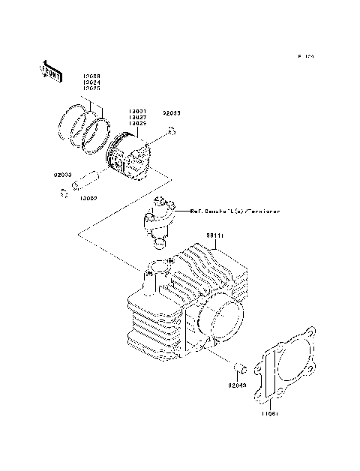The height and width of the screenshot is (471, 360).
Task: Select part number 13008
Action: (91, 76)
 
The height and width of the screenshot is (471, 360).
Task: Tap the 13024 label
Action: (91, 82)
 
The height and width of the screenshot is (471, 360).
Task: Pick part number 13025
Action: (91, 88)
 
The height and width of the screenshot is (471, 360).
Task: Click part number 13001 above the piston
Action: (136, 111)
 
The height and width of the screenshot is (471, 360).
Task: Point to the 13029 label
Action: (136, 123)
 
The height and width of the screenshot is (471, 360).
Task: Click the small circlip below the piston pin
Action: (64, 195)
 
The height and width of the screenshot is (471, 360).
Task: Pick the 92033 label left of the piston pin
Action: (62, 175)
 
